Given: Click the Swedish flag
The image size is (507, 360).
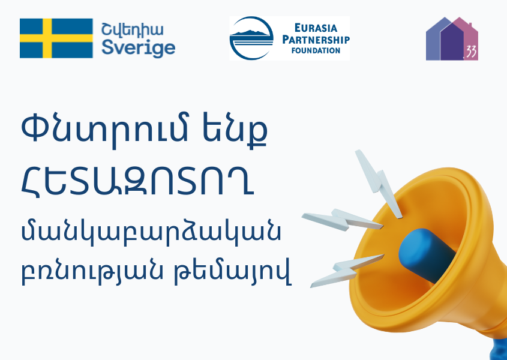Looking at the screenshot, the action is (56, 38).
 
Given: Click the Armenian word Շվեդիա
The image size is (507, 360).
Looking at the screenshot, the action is (133, 31).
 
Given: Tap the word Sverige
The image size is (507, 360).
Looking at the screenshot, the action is (139, 48).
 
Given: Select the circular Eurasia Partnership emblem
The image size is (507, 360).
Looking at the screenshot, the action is (251, 38).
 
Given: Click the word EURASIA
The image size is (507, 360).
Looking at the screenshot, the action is (316, 28).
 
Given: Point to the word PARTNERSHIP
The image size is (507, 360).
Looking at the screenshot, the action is (316, 40).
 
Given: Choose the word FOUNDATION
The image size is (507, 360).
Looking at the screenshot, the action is (316, 50).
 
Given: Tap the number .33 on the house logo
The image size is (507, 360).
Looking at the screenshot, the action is (471, 52).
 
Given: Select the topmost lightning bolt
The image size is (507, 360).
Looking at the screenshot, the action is (379, 183).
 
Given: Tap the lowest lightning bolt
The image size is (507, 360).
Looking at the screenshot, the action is (347, 271).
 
